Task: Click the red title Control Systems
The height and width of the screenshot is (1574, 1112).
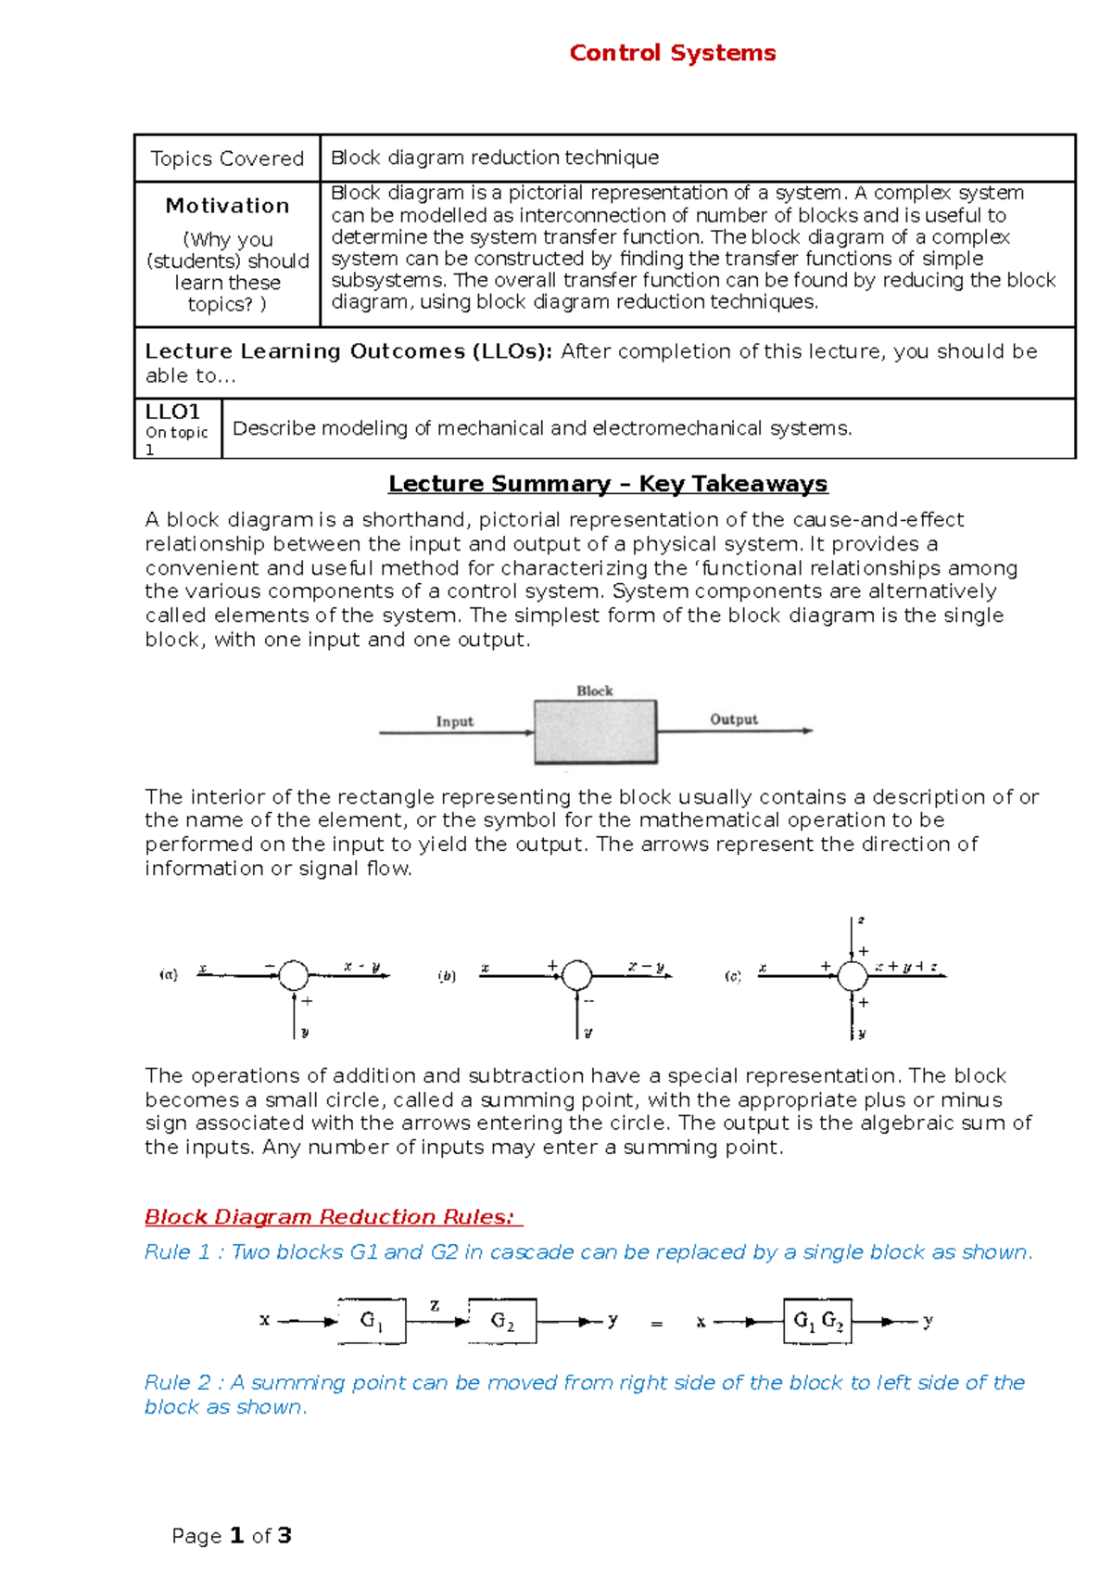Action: coord(672,53)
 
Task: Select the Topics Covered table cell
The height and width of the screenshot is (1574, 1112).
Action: coord(227,159)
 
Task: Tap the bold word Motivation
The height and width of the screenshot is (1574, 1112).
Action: coord(227,206)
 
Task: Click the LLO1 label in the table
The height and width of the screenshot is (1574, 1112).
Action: coord(172,412)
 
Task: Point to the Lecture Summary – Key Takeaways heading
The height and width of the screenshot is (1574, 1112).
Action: coord(607,484)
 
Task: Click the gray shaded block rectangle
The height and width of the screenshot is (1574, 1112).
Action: coord(595,731)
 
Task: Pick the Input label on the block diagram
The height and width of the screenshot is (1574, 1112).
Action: coord(454,721)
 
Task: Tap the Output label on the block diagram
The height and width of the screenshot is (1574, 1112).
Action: coord(733,719)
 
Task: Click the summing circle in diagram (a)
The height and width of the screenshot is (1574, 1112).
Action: coord(294,975)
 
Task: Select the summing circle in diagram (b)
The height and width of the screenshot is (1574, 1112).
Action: coord(576,975)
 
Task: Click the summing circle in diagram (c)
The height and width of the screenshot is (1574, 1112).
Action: coord(852,975)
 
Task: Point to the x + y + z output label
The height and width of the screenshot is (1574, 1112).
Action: coord(907,967)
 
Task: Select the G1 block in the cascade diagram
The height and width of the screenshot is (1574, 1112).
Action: coord(372,1321)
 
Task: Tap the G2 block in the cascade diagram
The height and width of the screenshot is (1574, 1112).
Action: coord(502,1321)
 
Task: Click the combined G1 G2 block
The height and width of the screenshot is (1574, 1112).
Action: coord(817,1321)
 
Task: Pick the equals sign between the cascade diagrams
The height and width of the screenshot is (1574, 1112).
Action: coord(656,1324)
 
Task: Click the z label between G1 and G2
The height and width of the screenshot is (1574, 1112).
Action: coord(435,1305)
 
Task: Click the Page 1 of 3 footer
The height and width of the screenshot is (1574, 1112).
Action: coord(232,1536)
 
